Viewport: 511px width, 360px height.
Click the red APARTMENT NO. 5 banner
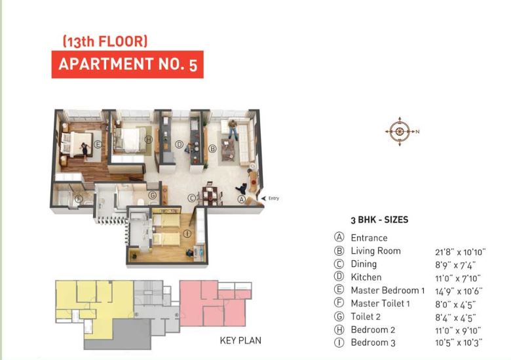[127, 65]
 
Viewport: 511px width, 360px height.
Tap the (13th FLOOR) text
[105, 41]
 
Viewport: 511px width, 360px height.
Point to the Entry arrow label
[271, 197]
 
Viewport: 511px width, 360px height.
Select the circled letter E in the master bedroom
[98, 144]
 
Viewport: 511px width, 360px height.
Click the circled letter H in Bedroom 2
[148, 139]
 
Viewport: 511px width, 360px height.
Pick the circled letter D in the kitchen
[178, 144]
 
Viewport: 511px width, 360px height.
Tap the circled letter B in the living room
[212, 149]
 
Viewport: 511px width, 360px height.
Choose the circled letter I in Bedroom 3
[187, 233]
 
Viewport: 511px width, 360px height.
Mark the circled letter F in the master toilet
[78, 199]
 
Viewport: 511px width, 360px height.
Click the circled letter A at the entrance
[241, 199]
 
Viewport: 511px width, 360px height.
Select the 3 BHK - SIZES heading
[379, 220]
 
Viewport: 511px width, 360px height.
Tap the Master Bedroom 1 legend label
[388, 290]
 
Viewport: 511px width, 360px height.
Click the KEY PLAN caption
[241, 341]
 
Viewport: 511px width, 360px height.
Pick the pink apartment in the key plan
[213, 302]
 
